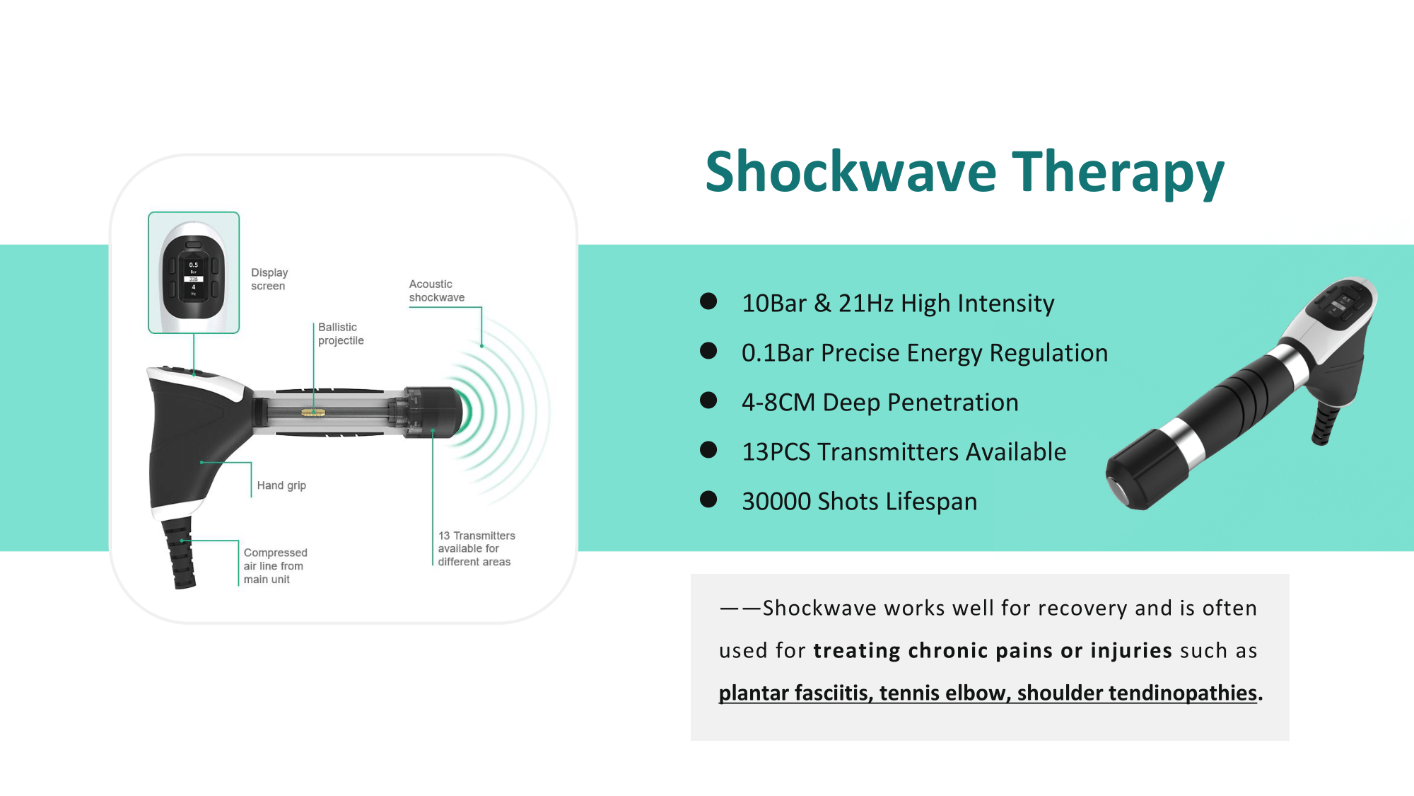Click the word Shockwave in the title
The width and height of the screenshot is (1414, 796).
pyautogui.click(x=851, y=172)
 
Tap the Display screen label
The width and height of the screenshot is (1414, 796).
pyautogui.click(x=269, y=279)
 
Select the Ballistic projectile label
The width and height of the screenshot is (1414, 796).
pyautogui.click(x=340, y=333)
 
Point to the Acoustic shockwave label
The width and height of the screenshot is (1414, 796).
pyautogui.click(x=436, y=290)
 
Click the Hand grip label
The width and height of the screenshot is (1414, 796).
pyautogui.click(x=281, y=485)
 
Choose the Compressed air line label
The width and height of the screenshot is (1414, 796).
pyautogui.click(x=275, y=565)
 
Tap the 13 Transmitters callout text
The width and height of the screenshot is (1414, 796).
pyautogui.click(x=476, y=548)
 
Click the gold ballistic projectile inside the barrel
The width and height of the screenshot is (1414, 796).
pyautogui.click(x=312, y=412)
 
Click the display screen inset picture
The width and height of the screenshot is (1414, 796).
pyautogui.click(x=194, y=272)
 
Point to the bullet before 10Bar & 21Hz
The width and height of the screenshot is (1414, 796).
pyautogui.click(x=708, y=301)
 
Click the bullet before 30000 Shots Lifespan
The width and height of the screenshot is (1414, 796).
pyautogui.click(x=708, y=500)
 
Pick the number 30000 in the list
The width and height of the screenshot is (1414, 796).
pyautogui.click(x=776, y=501)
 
